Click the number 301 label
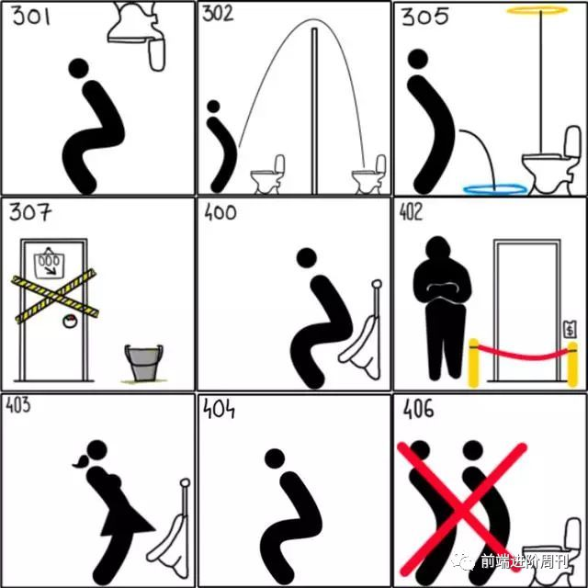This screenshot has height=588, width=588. pyautogui.click(x=31, y=16)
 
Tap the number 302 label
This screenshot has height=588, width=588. pyautogui.click(x=218, y=14)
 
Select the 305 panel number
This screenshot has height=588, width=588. pyautogui.click(x=424, y=17)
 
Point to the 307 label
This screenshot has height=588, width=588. pyautogui.click(x=30, y=212)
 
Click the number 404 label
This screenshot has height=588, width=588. pyautogui.click(x=219, y=408)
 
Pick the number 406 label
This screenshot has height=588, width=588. pyautogui.click(x=419, y=408)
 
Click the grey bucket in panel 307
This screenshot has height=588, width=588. pyautogui.click(x=144, y=363)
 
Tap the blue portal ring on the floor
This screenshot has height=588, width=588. pyautogui.click(x=495, y=188)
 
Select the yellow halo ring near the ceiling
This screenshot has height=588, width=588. pyautogui.click(x=537, y=10)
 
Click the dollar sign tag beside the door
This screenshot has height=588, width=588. pyautogui.click(x=570, y=329)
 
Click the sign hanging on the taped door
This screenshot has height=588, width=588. pyautogui.click(x=49, y=264)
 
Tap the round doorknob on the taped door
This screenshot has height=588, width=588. pyautogui.click(x=70, y=321)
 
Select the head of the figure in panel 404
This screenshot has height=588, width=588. pyautogui.click(x=275, y=458)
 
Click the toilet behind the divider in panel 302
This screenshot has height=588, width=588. pyautogui.click(x=369, y=174)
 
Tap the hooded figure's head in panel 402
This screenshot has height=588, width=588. pyautogui.click(x=437, y=249)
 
